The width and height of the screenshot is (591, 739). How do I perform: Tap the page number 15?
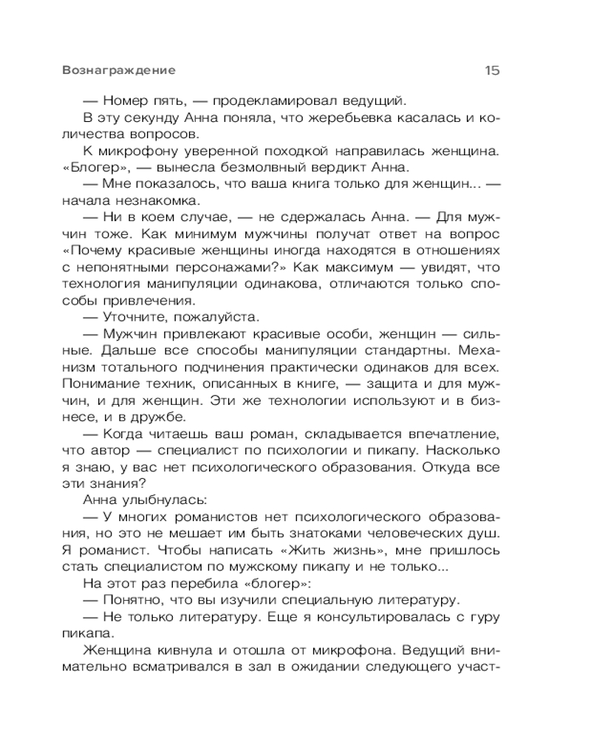pos(492,71)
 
